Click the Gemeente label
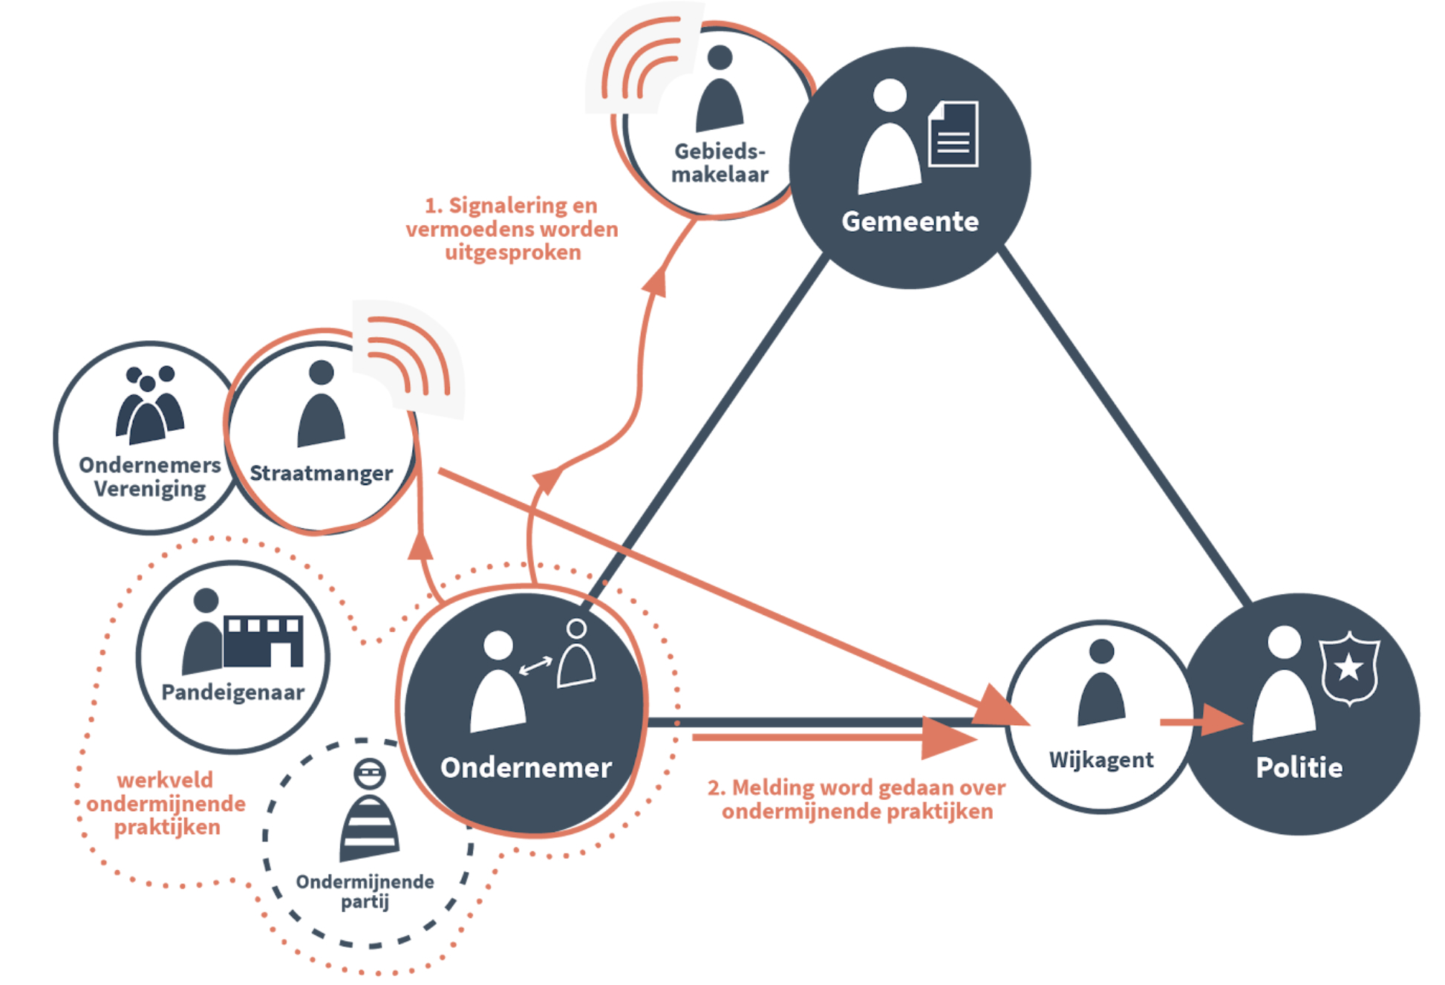(x=910, y=221)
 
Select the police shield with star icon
(x=1348, y=668)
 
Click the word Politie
(x=1299, y=767)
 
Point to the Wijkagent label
(x=1100, y=760)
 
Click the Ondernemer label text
(x=526, y=767)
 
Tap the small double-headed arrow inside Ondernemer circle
(x=535, y=665)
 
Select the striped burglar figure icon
(x=369, y=813)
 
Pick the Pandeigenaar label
(x=232, y=692)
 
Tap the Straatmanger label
(x=321, y=473)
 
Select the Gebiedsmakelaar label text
(x=719, y=163)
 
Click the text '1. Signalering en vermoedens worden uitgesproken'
(x=512, y=229)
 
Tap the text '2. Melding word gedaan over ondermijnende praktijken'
(x=856, y=799)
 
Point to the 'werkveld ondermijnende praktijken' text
(x=166, y=804)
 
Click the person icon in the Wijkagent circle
(x=1101, y=683)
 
